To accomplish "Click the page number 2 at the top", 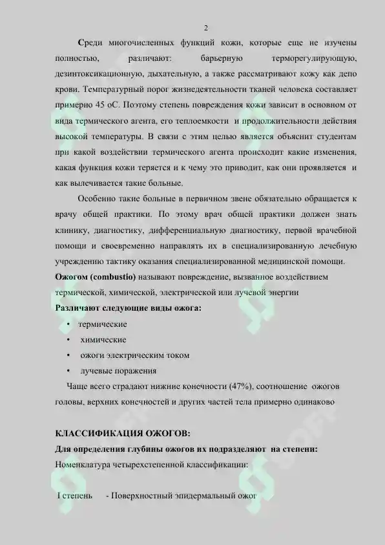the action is [x=205, y=28].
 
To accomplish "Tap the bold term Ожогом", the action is [x=72, y=277].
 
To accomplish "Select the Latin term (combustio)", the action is [x=113, y=277].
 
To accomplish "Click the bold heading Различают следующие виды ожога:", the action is [x=129, y=308].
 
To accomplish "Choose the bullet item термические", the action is [x=103, y=324].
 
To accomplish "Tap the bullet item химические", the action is [x=103, y=340].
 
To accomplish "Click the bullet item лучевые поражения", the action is [x=118, y=371].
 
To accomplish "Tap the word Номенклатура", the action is [x=85, y=465].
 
